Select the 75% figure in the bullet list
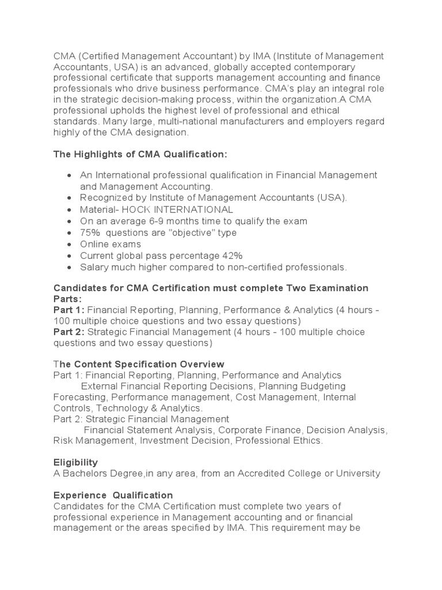point(91,233)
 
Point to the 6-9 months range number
point(159,221)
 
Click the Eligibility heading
point(75,463)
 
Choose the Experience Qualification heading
point(113,495)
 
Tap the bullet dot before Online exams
point(69,244)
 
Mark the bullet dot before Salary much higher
point(69,267)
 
